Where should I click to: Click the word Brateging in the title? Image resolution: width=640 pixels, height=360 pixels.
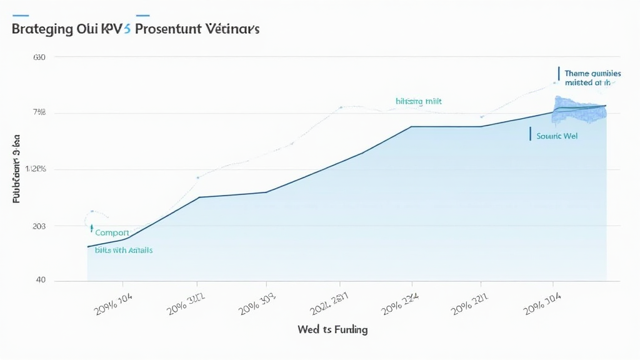pyautogui.click(x=39, y=29)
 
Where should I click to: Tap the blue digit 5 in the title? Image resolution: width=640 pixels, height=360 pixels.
pyautogui.click(x=127, y=29)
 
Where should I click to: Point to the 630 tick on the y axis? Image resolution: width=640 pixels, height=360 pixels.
pyautogui.click(x=39, y=57)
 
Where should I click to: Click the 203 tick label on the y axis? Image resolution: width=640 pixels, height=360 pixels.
pyautogui.click(x=39, y=226)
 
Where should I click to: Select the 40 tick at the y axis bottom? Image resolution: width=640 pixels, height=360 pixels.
pyautogui.click(x=41, y=280)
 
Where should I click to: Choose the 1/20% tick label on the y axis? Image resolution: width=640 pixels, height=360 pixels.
pyautogui.click(x=36, y=169)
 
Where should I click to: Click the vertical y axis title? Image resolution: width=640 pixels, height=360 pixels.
pyautogui.click(x=17, y=169)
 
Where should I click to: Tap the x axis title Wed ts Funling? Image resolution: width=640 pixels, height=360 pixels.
pyautogui.click(x=332, y=329)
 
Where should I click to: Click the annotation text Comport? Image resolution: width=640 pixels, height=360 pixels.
pyautogui.click(x=112, y=232)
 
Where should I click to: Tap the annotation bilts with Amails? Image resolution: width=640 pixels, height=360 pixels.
pyautogui.click(x=123, y=249)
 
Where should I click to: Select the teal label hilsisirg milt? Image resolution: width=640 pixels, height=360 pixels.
pyautogui.click(x=418, y=101)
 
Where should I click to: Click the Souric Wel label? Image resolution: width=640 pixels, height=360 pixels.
pyautogui.click(x=557, y=135)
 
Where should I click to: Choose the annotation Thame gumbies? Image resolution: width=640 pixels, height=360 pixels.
pyautogui.click(x=592, y=73)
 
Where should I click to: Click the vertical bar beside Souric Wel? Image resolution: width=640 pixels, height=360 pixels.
pyautogui.click(x=529, y=134)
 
